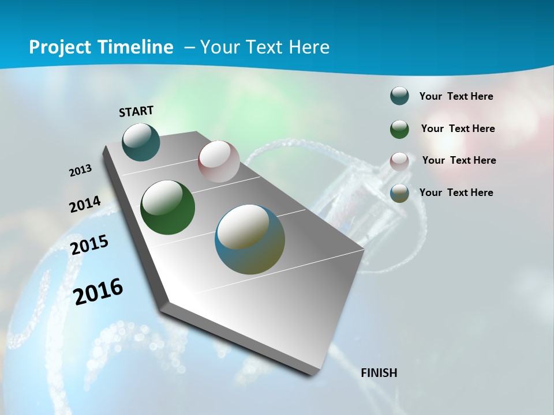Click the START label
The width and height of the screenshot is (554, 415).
(136, 111)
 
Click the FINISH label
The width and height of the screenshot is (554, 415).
(379, 373)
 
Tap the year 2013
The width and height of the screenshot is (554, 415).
(81, 171)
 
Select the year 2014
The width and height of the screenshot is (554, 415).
(85, 205)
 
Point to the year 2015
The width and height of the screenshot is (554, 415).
(89, 245)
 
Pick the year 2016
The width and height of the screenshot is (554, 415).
(99, 291)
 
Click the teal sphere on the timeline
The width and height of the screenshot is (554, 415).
(141, 142)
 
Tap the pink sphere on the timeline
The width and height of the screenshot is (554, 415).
(219, 161)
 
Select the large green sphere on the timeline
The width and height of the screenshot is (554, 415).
(168, 207)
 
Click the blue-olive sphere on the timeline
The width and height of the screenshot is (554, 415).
(250, 239)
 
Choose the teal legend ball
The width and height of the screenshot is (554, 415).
(399, 96)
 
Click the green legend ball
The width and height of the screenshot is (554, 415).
(399, 129)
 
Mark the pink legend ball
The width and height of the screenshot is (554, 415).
(399, 161)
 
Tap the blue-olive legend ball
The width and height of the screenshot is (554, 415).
(399, 193)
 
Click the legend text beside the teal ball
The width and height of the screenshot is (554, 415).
(456, 96)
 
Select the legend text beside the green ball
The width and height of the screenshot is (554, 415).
(458, 129)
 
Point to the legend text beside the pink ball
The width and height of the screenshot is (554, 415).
(459, 160)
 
